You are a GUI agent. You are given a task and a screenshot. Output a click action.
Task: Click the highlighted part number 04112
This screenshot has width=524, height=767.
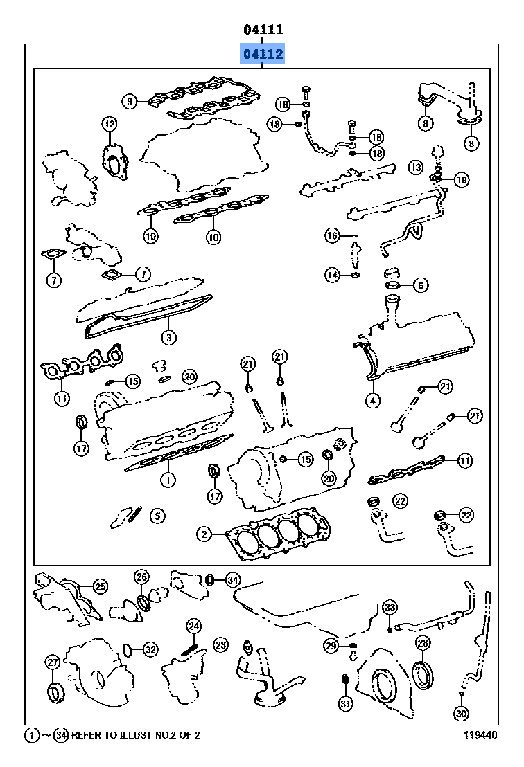coord(262,54)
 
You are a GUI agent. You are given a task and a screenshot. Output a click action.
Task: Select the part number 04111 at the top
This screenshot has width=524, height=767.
coord(262,30)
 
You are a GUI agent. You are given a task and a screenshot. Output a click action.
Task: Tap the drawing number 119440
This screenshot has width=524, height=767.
coord(481,735)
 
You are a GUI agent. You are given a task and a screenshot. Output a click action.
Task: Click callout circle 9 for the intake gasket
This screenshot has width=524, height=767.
coord(129,102)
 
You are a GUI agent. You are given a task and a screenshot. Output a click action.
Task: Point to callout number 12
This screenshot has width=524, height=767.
coord(109,125)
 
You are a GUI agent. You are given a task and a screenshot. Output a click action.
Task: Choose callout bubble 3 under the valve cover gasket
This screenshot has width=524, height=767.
coord(168,338)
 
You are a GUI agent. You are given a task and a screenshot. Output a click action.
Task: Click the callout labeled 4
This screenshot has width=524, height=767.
coord(372,399)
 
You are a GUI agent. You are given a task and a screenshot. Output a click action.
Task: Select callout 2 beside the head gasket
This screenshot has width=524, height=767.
coord(203,534)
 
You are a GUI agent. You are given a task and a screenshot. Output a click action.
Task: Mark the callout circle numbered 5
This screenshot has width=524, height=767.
coord(157,515)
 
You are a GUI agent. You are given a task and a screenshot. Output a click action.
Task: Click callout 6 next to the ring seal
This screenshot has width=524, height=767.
coord(421,285)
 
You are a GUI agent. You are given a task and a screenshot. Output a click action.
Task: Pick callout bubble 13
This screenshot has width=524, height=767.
coord(415,167)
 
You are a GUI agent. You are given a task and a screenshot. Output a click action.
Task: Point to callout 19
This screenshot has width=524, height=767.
coord(461,179)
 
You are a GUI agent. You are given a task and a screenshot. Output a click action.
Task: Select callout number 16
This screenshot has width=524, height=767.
coord(333,236)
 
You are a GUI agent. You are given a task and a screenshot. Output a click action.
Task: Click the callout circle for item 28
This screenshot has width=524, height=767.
coord(422,643)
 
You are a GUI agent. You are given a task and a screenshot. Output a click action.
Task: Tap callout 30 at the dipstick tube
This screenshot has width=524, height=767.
coord(461,712)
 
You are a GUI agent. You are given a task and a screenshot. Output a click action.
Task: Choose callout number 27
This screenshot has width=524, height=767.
coord(53,662)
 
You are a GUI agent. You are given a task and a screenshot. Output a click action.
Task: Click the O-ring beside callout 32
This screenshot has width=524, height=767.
coord(128,649)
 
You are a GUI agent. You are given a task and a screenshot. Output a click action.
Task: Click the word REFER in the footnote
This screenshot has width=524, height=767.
coord(87,735)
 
